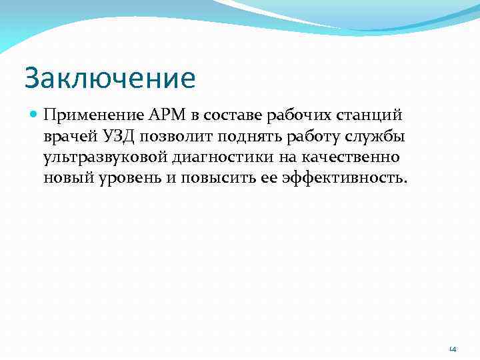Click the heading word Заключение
(110, 78)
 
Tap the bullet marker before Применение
(34, 115)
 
